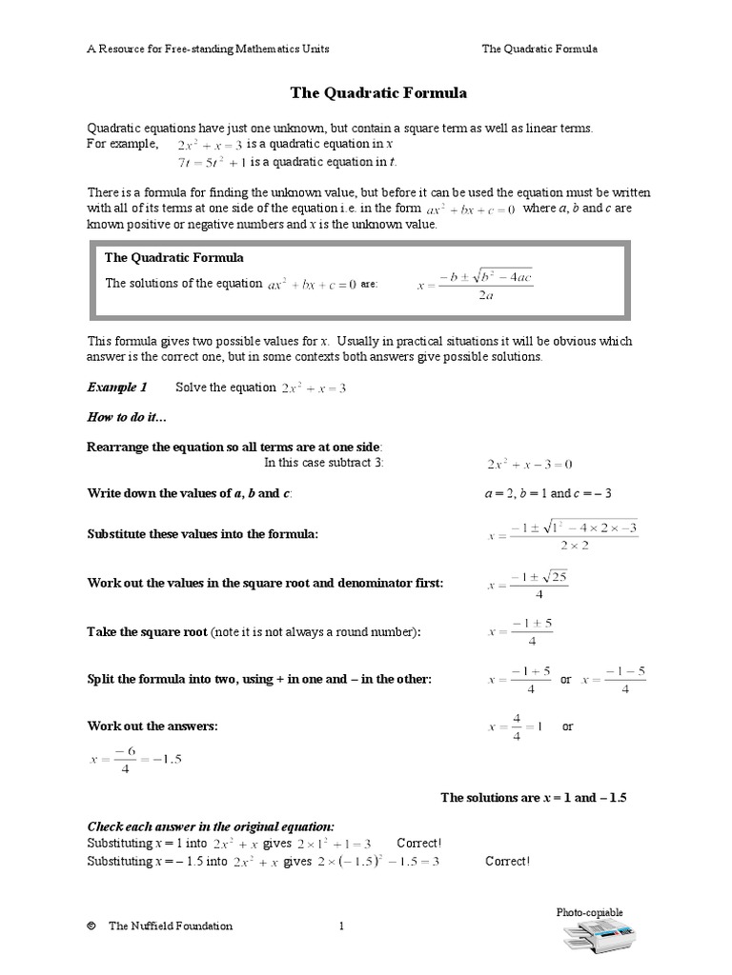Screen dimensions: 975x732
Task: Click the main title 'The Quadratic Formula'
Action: (378, 93)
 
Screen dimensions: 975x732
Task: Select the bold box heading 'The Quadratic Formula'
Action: (174, 257)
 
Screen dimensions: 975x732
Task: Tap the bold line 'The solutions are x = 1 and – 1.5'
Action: (533, 797)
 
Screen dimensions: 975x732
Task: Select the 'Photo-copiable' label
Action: (589, 912)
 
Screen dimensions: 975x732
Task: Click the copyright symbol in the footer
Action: (91, 925)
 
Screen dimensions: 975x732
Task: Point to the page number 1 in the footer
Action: (342, 925)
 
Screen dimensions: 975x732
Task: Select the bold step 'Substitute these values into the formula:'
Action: (202, 534)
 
